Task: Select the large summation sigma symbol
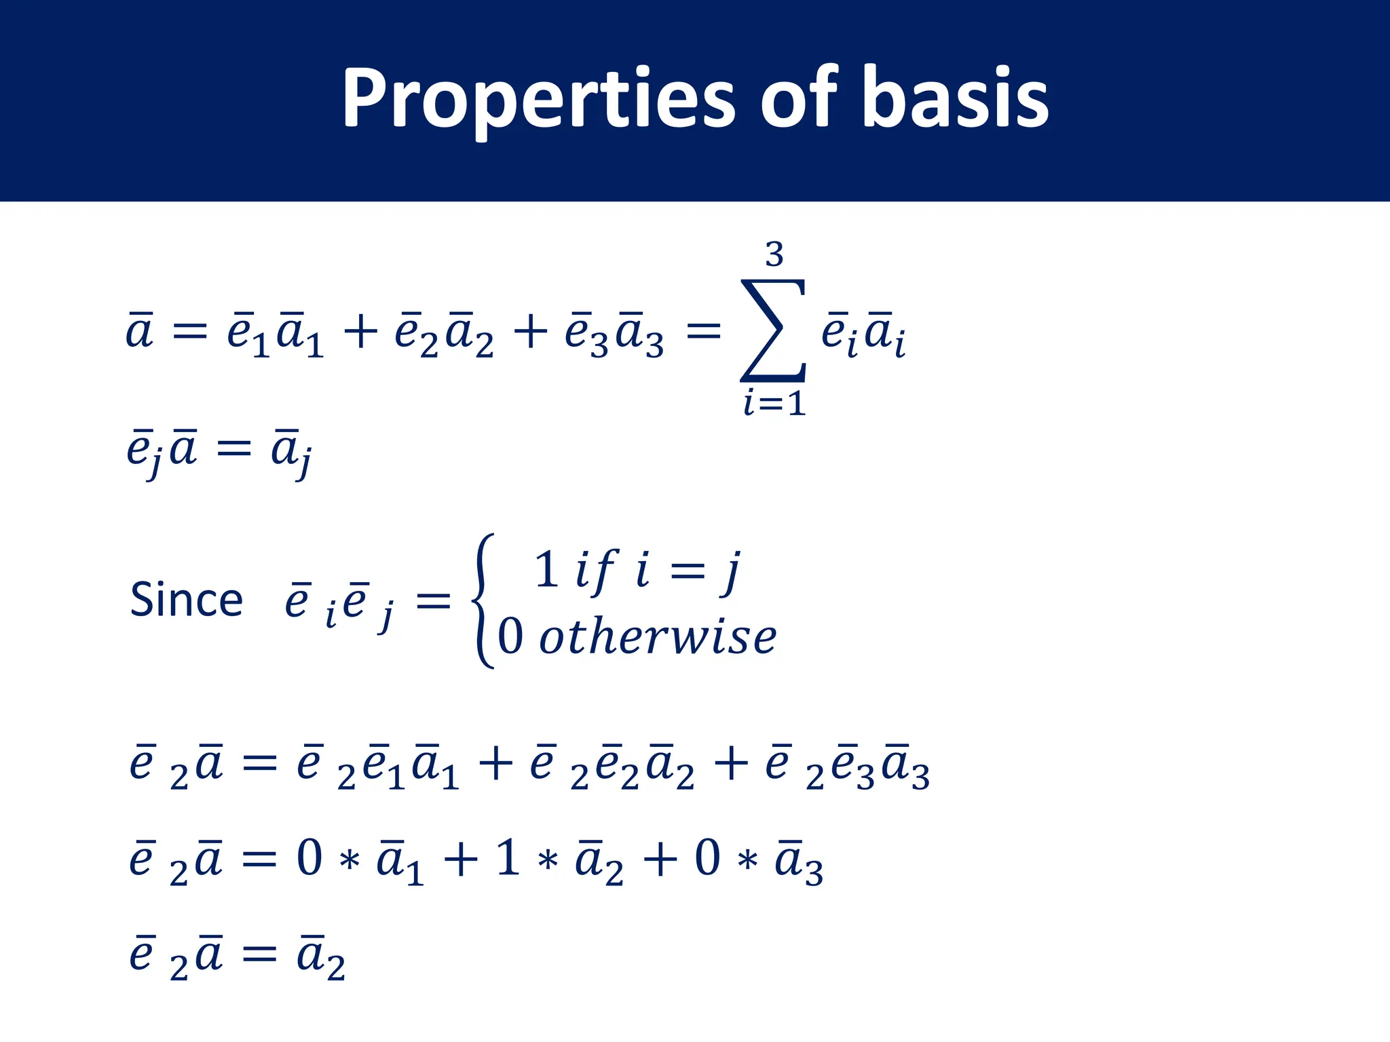point(773,331)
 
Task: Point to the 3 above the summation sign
point(774,255)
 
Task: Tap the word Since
point(186,600)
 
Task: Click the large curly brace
point(483,601)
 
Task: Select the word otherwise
point(657,638)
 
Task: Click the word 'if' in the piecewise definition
point(595,570)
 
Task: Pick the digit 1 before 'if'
point(546,570)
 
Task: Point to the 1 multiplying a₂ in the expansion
point(508,858)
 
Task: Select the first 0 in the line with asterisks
point(309,858)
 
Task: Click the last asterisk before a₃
point(747,862)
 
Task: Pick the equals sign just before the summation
point(703,332)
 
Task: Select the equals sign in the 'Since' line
point(433,601)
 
